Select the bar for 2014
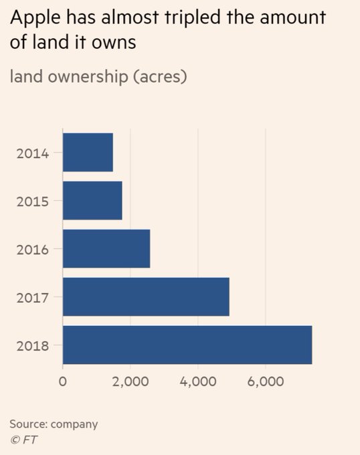(88, 153)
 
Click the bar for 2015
(92, 201)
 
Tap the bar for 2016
(106, 249)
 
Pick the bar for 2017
(146, 297)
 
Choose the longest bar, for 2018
(187, 345)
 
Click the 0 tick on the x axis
(63, 382)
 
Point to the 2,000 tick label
(130, 382)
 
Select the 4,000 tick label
(198, 382)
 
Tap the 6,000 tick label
(266, 382)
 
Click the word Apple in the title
(33, 17)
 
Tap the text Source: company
(54, 424)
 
